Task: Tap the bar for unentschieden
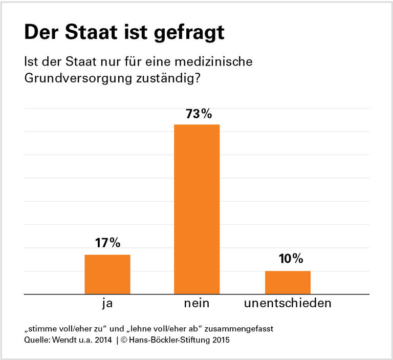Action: (288, 282)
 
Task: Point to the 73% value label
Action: (197, 114)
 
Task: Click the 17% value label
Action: (107, 244)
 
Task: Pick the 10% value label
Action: (288, 260)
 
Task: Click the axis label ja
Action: (107, 303)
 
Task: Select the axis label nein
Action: (197, 303)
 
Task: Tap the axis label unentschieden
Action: (288, 303)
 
